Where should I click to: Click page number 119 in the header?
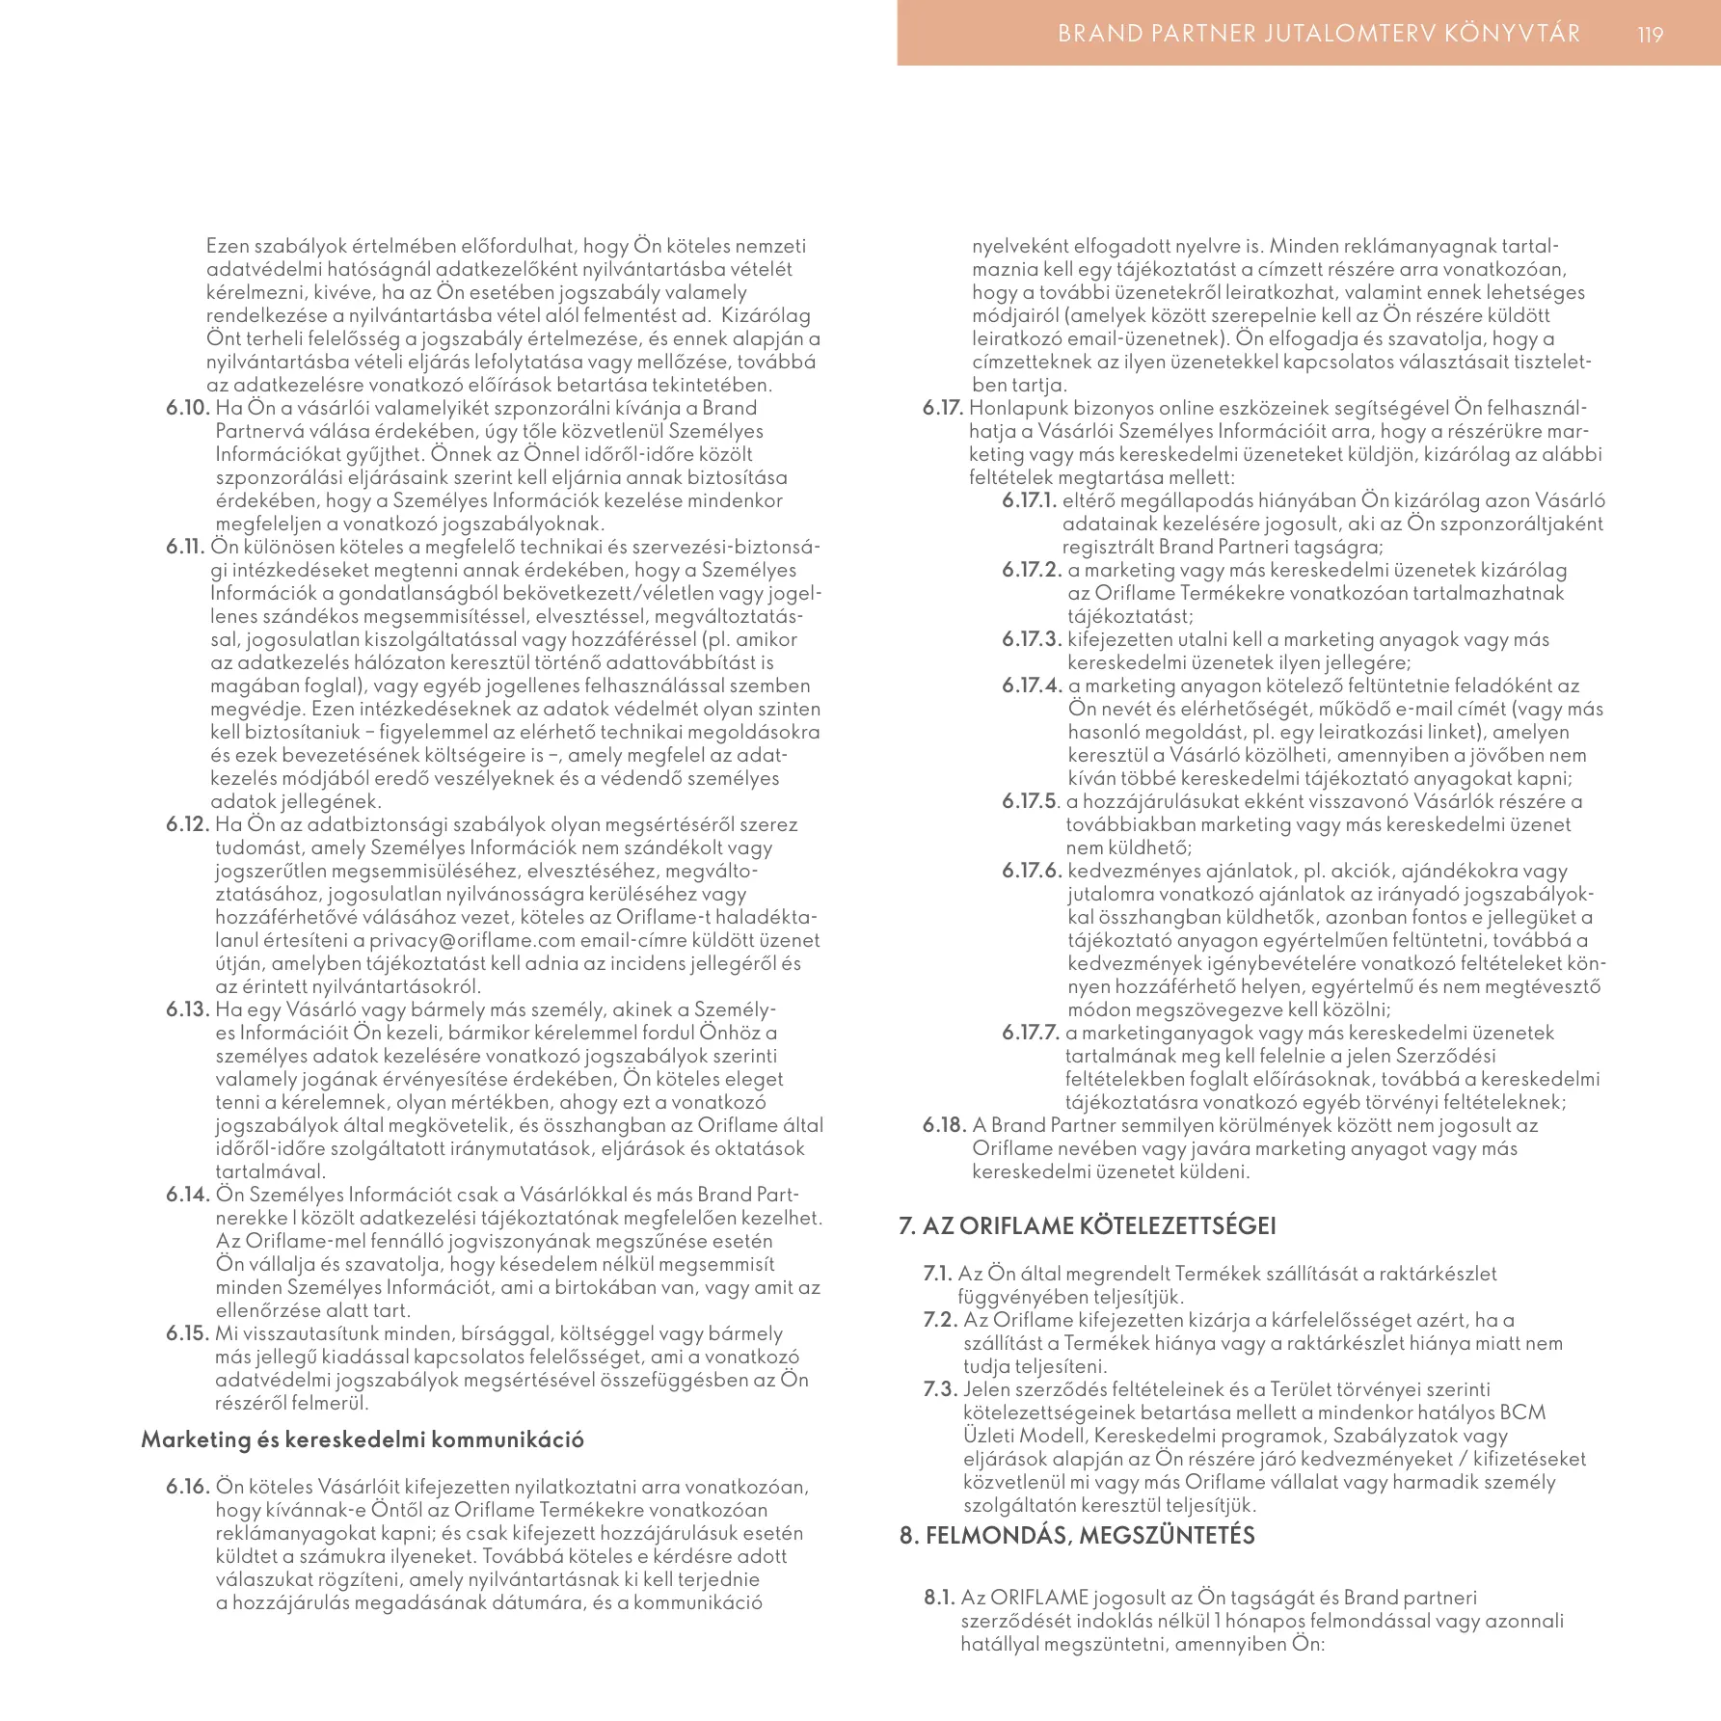[1650, 35]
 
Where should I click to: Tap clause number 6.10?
[188, 408]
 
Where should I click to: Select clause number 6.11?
[187, 547]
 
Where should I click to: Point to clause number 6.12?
[188, 824]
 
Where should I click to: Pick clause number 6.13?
[188, 1009]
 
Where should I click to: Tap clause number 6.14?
[188, 1195]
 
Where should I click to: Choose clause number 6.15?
[188, 1333]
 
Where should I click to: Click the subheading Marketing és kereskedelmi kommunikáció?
[363, 1439]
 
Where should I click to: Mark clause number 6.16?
[188, 1486]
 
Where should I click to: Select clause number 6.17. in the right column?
[943, 408]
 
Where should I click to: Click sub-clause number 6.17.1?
[1030, 500]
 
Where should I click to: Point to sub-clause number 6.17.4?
[1032, 686]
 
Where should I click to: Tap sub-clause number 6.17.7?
[1031, 1033]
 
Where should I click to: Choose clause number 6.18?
[945, 1125]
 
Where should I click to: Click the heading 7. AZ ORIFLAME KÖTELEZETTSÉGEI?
[1088, 1225]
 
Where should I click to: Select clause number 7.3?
[941, 1389]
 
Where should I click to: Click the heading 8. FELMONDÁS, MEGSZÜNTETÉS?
[1077, 1535]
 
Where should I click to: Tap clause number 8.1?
[939, 1598]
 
